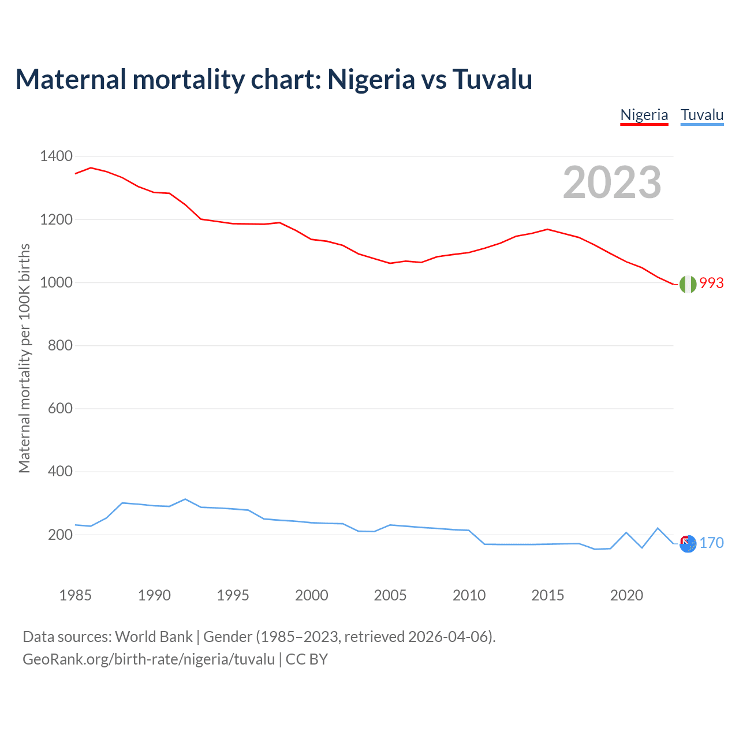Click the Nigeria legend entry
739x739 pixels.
[x=644, y=115]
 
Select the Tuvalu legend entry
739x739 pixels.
[x=702, y=115]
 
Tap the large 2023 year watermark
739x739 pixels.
[x=612, y=182]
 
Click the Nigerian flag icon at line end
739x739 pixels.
[x=688, y=284]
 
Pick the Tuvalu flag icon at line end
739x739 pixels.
[x=688, y=543]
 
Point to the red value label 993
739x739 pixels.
[x=711, y=283]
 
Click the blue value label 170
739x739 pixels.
[x=711, y=543]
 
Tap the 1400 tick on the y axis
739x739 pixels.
[x=56, y=156]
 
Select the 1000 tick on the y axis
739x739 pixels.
[x=56, y=282]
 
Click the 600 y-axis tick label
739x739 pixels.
[x=60, y=408]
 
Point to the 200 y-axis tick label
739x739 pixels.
[x=60, y=535]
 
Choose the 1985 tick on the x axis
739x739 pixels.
[x=76, y=595]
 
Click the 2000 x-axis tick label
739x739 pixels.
[x=312, y=595]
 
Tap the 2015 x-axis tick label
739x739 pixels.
[x=547, y=595]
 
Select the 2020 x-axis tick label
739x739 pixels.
[x=626, y=595]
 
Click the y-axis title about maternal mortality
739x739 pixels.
[x=24, y=358]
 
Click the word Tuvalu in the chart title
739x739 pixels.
[x=492, y=79]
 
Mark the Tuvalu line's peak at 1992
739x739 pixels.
[x=185, y=499]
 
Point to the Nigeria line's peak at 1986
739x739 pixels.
[x=91, y=167]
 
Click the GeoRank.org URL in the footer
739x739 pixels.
[x=148, y=659]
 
